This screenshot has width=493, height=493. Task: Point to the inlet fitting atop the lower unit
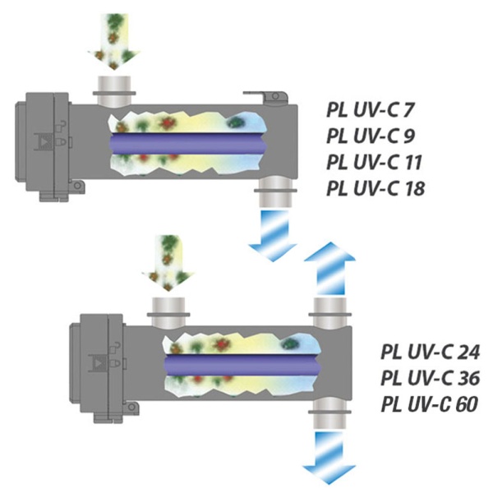point(170,308)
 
